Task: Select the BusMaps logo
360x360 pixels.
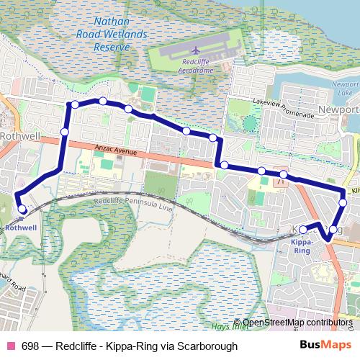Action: pyautogui.click(x=330, y=346)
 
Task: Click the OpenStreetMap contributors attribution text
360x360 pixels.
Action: pyautogui.click(x=297, y=323)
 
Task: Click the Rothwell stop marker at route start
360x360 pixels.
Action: pyautogui.click(x=22, y=210)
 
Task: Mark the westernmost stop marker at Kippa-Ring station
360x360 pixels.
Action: pyautogui.click(x=303, y=229)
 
